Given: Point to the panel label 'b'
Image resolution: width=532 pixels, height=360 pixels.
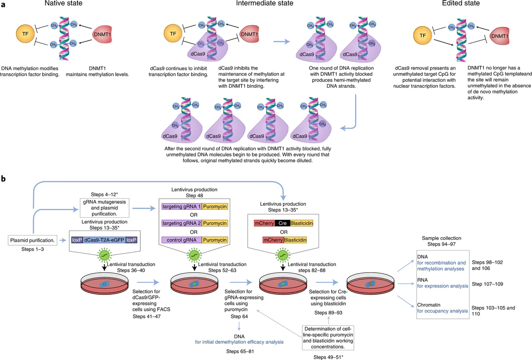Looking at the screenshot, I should click(4, 179).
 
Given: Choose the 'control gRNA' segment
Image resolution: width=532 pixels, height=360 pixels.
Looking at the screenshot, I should click(182, 239).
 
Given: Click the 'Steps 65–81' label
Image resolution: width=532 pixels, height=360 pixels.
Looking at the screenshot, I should click(239, 351).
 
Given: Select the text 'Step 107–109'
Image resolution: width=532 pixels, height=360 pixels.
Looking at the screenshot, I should click(489, 284).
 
